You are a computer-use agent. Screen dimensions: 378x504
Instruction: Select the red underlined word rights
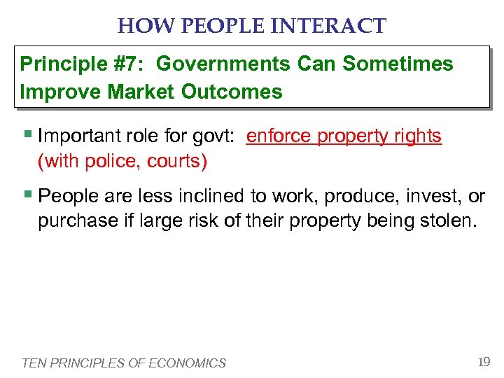(x=416, y=136)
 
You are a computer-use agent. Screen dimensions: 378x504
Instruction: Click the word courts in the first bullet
(x=178, y=162)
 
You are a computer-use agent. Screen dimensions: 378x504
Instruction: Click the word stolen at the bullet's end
(x=451, y=221)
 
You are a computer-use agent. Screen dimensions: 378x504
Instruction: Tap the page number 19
(x=482, y=361)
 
